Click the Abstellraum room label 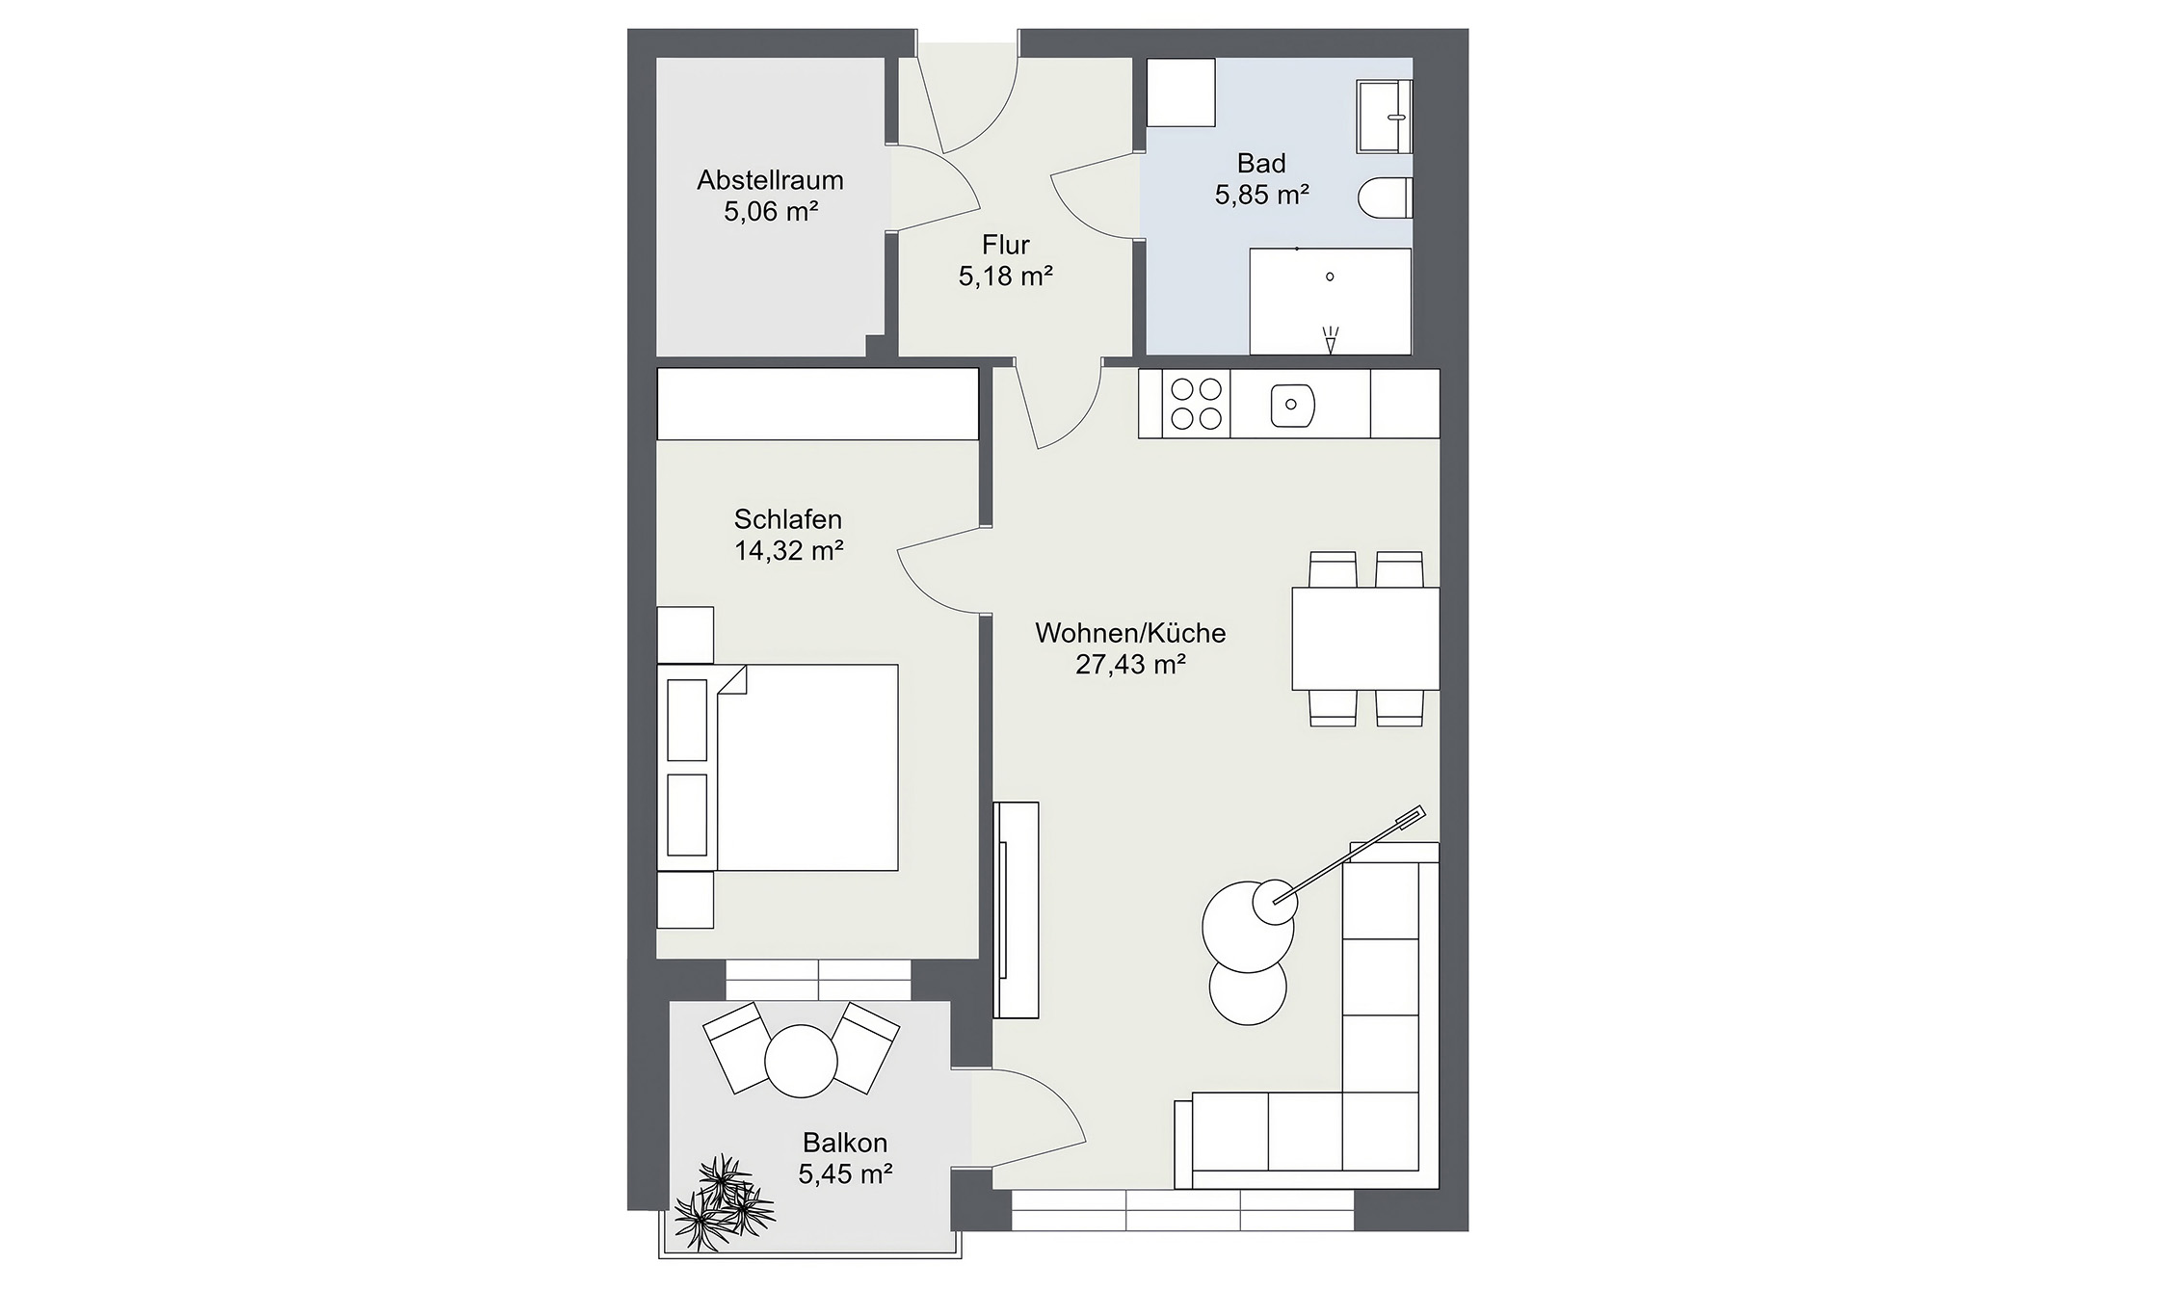click(x=770, y=180)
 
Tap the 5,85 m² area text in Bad click(x=1261, y=196)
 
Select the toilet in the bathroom click(x=1385, y=200)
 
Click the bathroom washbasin click(x=1385, y=117)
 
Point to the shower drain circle click(x=1330, y=277)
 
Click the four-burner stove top click(x=1195, y=404)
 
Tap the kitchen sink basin click(x=1292, y=405)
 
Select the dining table click(x=1364, y=638)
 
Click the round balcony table click(x=801, y=1060)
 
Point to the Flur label click(x=1006, y=245)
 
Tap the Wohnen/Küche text click(x=1130, y=633)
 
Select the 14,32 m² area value click(x=789, y=551)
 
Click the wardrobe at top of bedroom click(x=817, y=404)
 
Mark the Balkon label click(x=845, y=1143)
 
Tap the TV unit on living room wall click(x=1016, y=909)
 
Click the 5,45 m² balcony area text click(x=845, y=1173)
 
